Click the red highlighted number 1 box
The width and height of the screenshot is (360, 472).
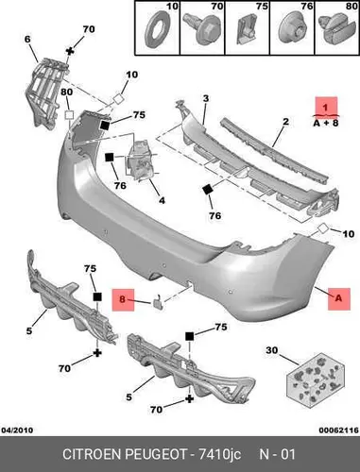[327, 107]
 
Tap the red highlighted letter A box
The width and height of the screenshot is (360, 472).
[339, 299]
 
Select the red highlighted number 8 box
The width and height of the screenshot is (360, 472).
[123, 300]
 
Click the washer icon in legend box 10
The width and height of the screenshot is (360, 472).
[155, 30]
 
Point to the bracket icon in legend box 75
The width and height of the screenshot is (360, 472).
[247, 30]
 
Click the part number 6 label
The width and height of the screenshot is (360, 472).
[27, 40]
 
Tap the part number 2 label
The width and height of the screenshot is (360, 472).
[285, 121]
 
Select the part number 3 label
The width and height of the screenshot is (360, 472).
[206, 98]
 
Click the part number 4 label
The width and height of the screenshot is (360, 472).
[162, 200]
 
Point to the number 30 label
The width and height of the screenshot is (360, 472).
[272, 350]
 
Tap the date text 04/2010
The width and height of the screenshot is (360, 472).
[17, 430]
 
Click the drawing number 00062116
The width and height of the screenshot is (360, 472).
[339, 430]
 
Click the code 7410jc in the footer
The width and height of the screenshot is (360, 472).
[219, 455]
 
